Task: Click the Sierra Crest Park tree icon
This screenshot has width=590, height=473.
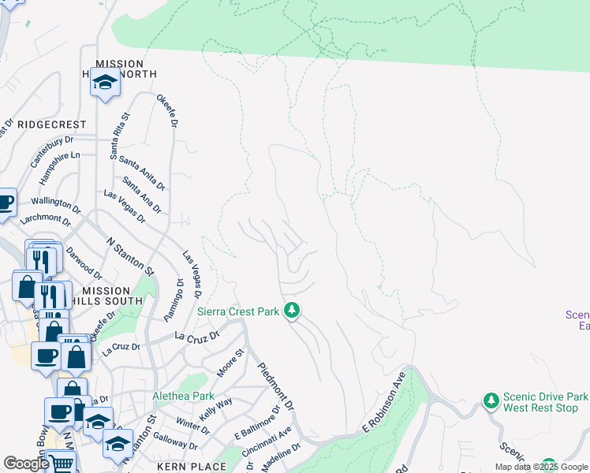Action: [292, 311]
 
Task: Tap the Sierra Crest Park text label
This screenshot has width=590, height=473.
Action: [238, 312]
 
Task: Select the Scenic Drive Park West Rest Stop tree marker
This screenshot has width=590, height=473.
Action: [491, 401]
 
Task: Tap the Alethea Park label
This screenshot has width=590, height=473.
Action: [183, 396]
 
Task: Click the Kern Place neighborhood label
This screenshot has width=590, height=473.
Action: [192, 467]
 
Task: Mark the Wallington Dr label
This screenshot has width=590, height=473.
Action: [56, 207]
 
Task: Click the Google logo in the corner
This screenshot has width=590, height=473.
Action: [26, 464]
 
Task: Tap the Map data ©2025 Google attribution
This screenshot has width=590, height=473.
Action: [542, 467]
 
